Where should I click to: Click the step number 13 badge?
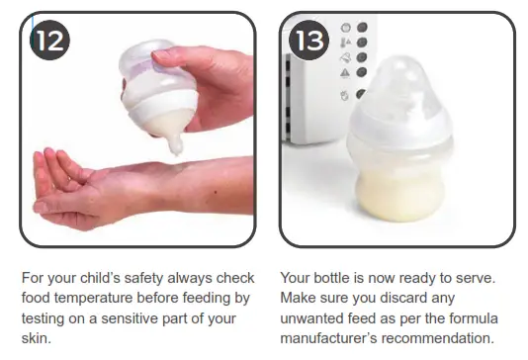309,40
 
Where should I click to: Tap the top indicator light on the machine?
361,27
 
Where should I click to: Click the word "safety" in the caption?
144,277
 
